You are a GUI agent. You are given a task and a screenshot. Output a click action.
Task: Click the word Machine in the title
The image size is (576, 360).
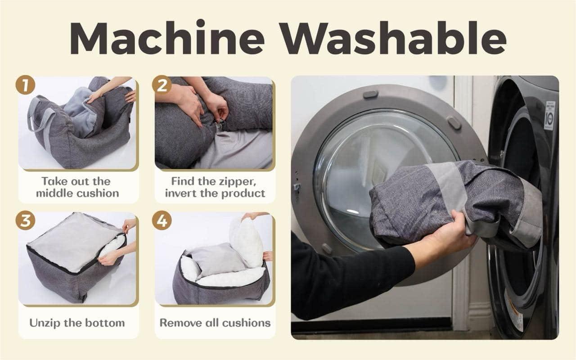tap(167, 38)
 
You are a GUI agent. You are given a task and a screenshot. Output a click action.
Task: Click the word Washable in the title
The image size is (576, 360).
tap(393, 38)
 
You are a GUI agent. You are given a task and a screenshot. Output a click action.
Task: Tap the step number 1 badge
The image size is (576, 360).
tap(25, 85)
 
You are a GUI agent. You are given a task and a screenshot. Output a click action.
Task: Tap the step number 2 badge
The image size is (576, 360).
tap(162, 85)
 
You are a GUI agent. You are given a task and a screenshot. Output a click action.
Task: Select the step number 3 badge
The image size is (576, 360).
tap(25, 220)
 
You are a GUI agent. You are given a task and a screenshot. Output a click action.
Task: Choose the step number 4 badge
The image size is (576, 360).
tap(162, 220)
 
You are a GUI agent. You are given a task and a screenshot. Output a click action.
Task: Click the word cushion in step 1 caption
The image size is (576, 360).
tap(97, 193)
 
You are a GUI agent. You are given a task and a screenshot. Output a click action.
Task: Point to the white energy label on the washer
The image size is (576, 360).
tap(550, 116)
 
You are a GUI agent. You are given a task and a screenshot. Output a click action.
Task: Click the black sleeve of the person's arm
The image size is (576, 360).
tap(352, 278)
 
